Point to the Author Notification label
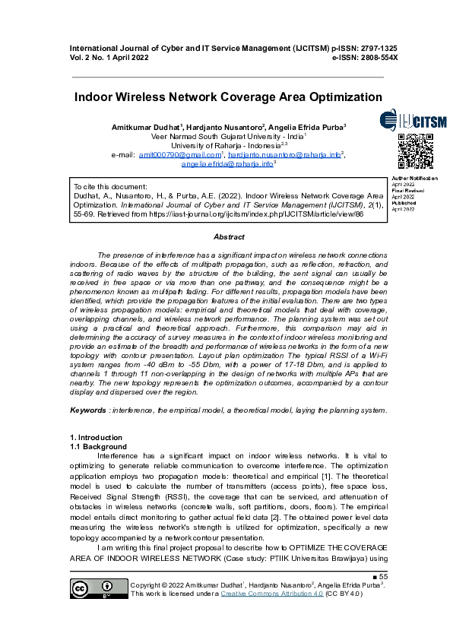[414, 178]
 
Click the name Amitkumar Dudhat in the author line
[144, 126]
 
